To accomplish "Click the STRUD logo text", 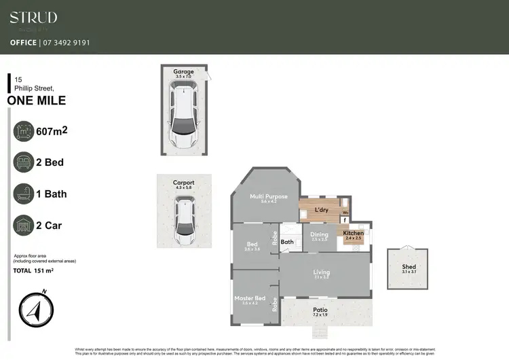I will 33,18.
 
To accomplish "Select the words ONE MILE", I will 37,101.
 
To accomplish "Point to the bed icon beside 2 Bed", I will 24,162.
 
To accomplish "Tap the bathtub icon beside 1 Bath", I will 24,194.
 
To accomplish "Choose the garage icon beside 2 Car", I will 24,225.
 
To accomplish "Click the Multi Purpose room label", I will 269,197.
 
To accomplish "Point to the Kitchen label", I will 353,233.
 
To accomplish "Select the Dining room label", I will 319,235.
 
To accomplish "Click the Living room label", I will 322,273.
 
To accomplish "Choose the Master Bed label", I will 248,298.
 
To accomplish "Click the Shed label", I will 409,267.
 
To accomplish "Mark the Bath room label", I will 287,241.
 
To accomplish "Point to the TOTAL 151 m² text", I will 33,271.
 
